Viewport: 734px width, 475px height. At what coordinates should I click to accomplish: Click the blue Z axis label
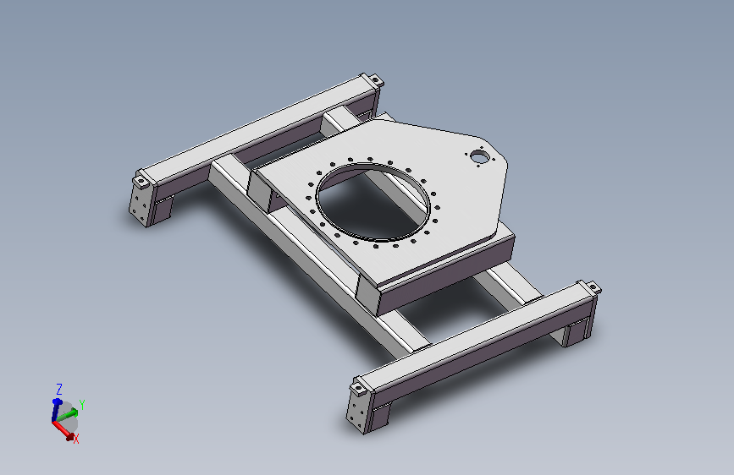(59, 389)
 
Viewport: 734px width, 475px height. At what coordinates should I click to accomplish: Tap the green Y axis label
(82, 404)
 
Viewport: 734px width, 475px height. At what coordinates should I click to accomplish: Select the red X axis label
(76, 439)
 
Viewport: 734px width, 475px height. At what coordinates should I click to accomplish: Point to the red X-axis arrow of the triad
(63, 430)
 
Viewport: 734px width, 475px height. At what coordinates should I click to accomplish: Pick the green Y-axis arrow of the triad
(68, 415)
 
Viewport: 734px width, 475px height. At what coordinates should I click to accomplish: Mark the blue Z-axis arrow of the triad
(56, 410)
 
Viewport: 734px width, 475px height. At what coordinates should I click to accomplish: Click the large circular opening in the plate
(373, 202)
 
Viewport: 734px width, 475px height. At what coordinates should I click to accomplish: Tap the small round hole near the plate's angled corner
(478, 156)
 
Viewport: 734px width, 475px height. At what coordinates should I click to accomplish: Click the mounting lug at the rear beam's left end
(141, 180)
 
